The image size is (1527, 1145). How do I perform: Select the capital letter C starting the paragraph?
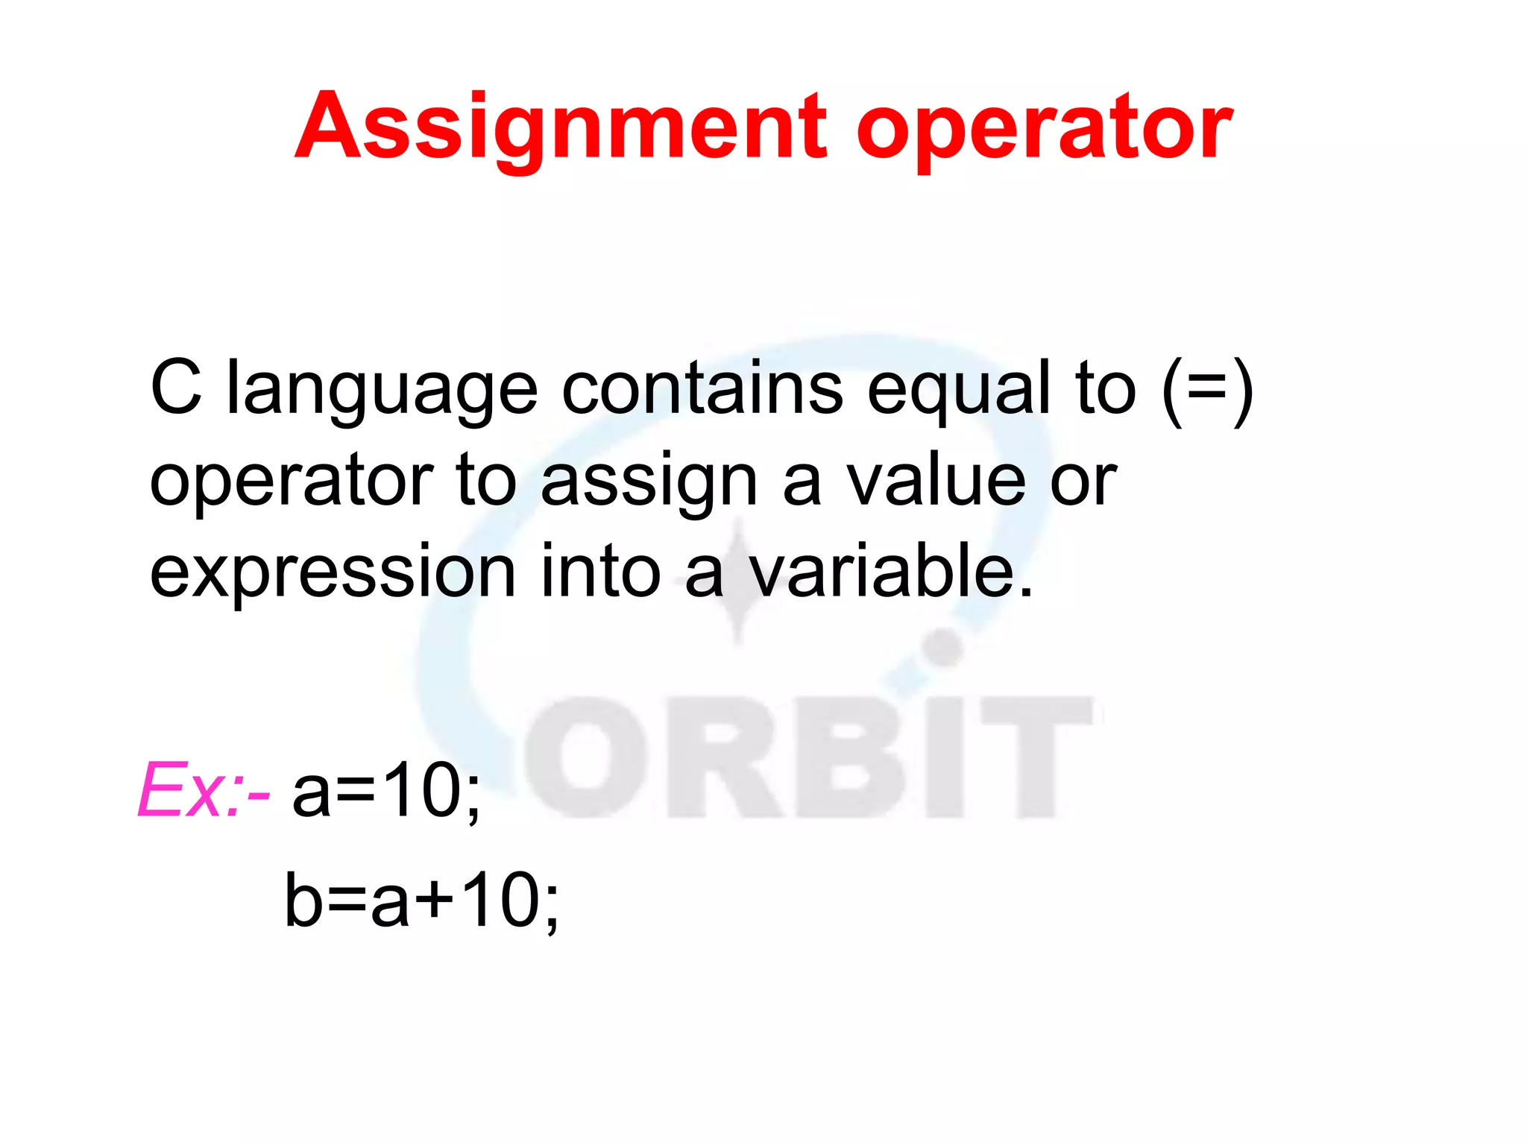pyautogui.click(x=176, y=388)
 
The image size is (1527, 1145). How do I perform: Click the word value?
pyautogui.click(x=935, y=481)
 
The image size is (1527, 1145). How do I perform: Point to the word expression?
pyautogui.click(x=333, y=572)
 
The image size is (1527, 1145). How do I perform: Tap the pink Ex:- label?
pyautogui.click(x=203, y=790)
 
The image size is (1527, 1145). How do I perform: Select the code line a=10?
pyautogui.click(x=386, y=790)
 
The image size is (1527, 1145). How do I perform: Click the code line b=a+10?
pyautogui.click(x=421, y=900)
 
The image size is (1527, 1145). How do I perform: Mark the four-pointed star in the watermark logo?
pyautogui.click(x=738, y=581)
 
